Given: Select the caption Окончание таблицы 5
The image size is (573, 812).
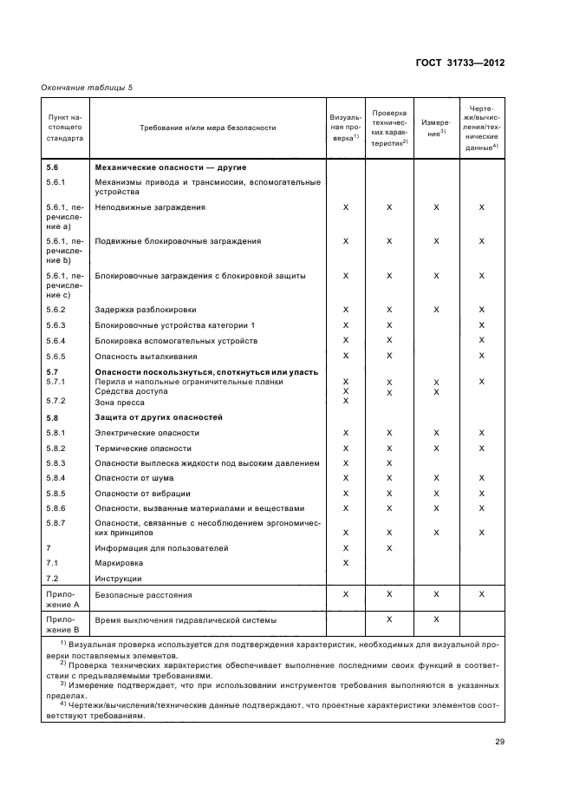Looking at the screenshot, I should pyautogui.click(x=87, y=87).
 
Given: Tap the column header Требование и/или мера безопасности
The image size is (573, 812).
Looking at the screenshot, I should pyautogui.click(x=208, y=128).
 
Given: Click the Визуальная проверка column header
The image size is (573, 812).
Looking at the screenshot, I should pyautogui.click(x=344, y=128).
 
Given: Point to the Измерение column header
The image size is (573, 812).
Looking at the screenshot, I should pyautogui.click(x=435, y=128).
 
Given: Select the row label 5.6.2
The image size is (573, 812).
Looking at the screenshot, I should pyautogui.click(x=55, y=309).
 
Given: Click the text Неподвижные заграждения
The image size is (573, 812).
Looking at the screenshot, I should pyautogui.click(x=150, y=207).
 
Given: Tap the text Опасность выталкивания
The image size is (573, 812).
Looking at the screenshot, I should pyautogui.click(x=147, y=356).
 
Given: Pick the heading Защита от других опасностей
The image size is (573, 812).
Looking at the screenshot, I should pyautogui.click(x=159, y=417).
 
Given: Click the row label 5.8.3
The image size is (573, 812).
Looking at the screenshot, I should pyautogui.click(x=55, y=463).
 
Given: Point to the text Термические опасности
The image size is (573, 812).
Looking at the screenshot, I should pyautogui.click(x=143, y=448).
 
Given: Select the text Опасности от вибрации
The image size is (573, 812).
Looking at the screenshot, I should pyautogui.click(x=143, y=493).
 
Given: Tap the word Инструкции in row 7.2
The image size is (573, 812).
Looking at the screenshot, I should pyautogui.click(x=119, y=578).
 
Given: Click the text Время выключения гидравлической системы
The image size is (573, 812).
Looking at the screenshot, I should pyautogui.click(x=186, y=619).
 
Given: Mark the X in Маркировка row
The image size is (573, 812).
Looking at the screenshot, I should pyautogui.click(x=346, y=562).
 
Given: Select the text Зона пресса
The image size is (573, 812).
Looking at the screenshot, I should pyautogui.click(x=119, y=401).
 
